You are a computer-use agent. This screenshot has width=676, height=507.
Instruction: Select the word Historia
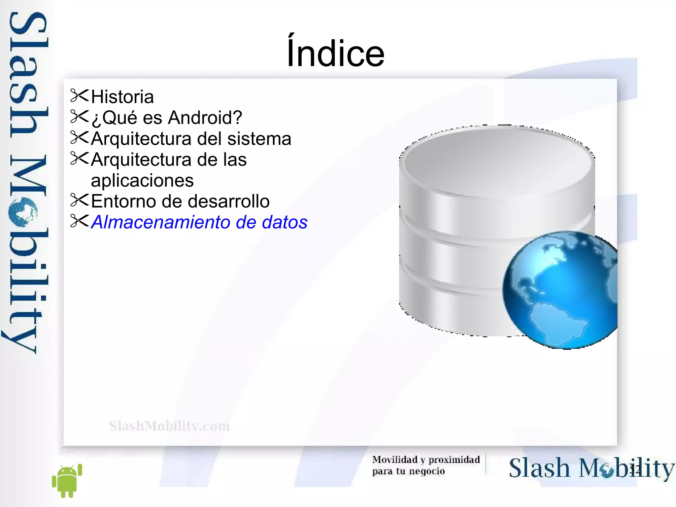point(122,97)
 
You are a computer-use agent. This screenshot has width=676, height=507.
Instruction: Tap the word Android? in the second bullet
point(205,118)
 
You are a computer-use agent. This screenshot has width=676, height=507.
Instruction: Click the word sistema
point(259,139)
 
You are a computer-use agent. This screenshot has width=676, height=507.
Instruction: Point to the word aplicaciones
point(142,181)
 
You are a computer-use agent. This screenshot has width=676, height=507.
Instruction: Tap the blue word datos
point(285,222)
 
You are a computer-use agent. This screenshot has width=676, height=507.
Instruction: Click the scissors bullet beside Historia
point(80,96)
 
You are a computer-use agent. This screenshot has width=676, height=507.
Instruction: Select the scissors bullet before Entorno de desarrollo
point(80,200)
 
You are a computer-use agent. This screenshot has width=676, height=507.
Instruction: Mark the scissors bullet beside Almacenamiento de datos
point(80,221)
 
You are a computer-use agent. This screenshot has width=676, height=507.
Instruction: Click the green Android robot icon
point(67,481)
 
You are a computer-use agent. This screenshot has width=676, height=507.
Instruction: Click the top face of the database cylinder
point(497,159)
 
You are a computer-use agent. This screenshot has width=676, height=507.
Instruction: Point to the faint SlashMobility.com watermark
point(169,426)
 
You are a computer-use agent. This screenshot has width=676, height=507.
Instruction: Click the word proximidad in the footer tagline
point(454,460)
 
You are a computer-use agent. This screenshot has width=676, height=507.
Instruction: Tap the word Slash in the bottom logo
point(539,468)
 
